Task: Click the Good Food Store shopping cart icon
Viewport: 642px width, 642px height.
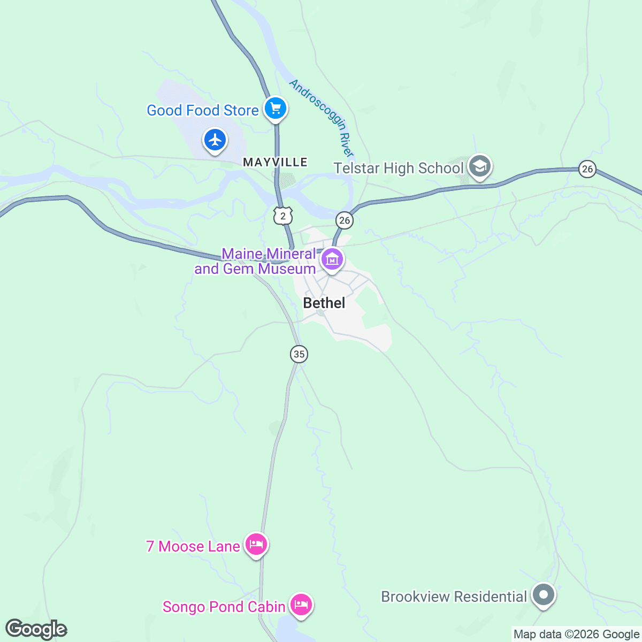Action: coord(276,109)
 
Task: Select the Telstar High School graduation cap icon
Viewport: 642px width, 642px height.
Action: coord(479,167)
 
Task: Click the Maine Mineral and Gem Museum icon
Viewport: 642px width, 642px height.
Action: coord(332,260)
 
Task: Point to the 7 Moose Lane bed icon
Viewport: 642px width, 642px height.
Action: coord(256,545)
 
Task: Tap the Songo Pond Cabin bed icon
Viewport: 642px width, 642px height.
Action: coord(301,605)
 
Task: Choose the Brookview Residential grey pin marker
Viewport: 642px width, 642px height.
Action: coord(544,595)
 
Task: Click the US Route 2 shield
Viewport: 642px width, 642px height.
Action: coord(283,216)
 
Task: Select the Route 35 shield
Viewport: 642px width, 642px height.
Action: coord(299,354)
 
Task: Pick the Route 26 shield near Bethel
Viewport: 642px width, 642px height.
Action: coord(344,220)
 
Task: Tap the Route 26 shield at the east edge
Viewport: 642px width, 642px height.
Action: coord(587,169)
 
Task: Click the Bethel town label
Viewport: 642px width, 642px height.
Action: coord(324,303)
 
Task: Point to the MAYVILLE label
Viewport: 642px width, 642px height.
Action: coord(275,162)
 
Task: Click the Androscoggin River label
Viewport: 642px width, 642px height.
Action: coord(322,118)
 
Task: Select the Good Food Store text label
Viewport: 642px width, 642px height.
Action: coord(203,110)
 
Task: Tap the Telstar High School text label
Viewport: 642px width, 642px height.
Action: coord(399,168)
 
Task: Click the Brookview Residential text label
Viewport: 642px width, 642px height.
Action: coord(454,597)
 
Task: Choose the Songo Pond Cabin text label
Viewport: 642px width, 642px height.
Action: coord(224,607)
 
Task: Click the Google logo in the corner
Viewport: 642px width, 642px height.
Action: coord(36,629)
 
